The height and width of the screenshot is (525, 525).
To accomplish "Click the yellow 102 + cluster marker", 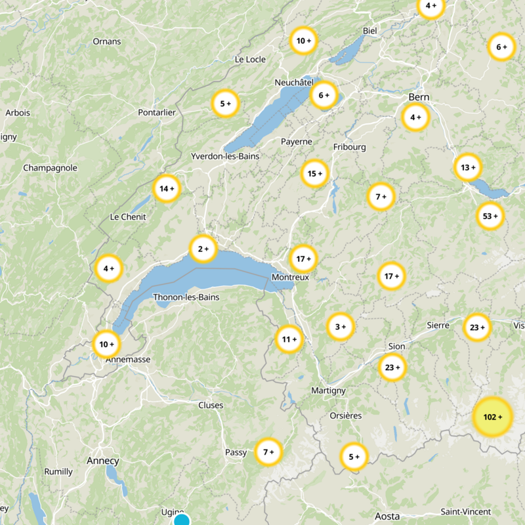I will point(492,417).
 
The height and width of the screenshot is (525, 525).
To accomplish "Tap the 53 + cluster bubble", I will point(490,216).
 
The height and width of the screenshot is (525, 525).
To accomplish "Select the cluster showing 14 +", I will point(167,189).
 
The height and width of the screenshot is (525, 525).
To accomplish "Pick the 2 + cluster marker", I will point(203,249).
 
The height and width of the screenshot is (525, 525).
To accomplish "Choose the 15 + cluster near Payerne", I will point(315,174).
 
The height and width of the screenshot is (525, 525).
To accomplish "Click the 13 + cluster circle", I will point(468,167).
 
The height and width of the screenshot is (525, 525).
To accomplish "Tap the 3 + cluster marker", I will point(341,326).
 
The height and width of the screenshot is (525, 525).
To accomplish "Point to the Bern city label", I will point(419,97).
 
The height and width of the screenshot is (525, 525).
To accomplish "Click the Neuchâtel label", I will point(294,82).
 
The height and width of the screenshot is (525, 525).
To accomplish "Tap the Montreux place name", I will point(290,278).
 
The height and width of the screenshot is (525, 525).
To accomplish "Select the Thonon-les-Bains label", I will point(186,297).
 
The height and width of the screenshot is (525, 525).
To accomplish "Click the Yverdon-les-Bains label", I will point(225,156).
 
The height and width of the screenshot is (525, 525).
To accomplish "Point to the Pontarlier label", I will point(157,112).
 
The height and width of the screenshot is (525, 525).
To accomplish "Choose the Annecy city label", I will point(103,461).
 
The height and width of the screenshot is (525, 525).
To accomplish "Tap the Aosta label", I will point(387,516).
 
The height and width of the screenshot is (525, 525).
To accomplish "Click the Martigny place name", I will point(328,390).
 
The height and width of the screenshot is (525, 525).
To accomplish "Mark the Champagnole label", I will point(50,168).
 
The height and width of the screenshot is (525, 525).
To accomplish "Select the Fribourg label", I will point(349,147).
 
